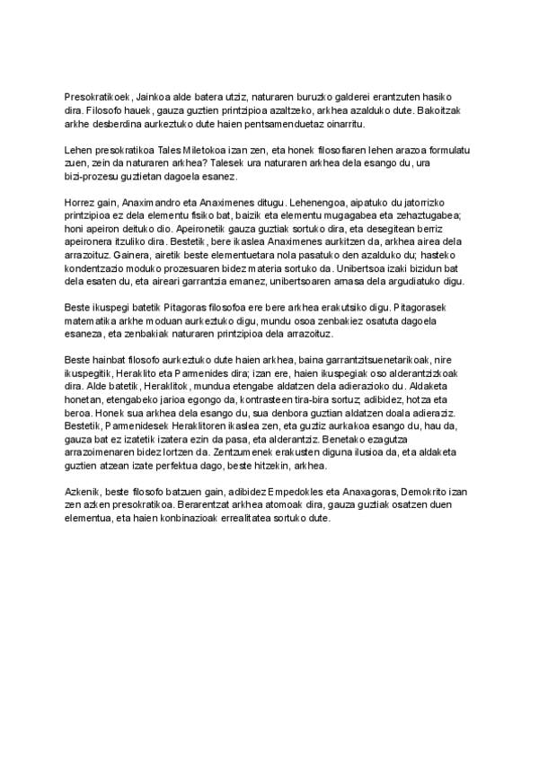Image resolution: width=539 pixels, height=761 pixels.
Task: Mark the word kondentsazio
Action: [101, 268]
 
